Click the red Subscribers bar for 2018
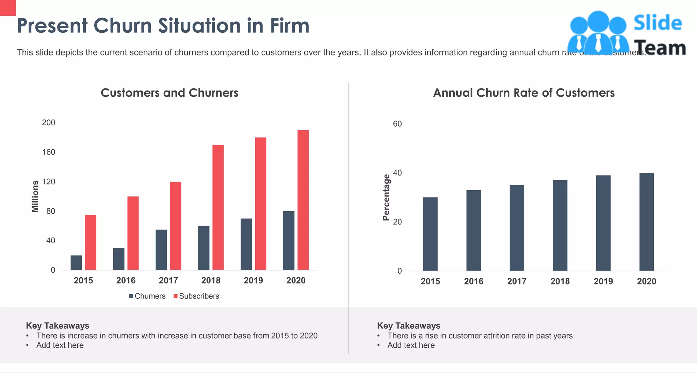pos(218,208)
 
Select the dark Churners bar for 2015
pos(76,263)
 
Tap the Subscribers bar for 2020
pos(303,200)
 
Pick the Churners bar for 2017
pos(161,250)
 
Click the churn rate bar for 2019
pos(603,223)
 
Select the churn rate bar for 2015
pos(430,234)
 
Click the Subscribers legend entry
pos(196,296)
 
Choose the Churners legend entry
pos(147,296)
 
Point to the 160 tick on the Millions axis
pos(49,152)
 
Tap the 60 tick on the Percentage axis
pos(397,124)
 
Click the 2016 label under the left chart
pos(126,280)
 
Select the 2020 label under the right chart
pos(646,281)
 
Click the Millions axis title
pos(35,196)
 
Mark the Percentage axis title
pos(386,197)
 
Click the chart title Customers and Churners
pos(169,93)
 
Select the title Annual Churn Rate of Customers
pos(524,93)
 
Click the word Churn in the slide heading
pos(123,26)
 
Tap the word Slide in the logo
pos(658,23)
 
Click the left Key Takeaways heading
pos(58,326)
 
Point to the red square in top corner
pos(7,7)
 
